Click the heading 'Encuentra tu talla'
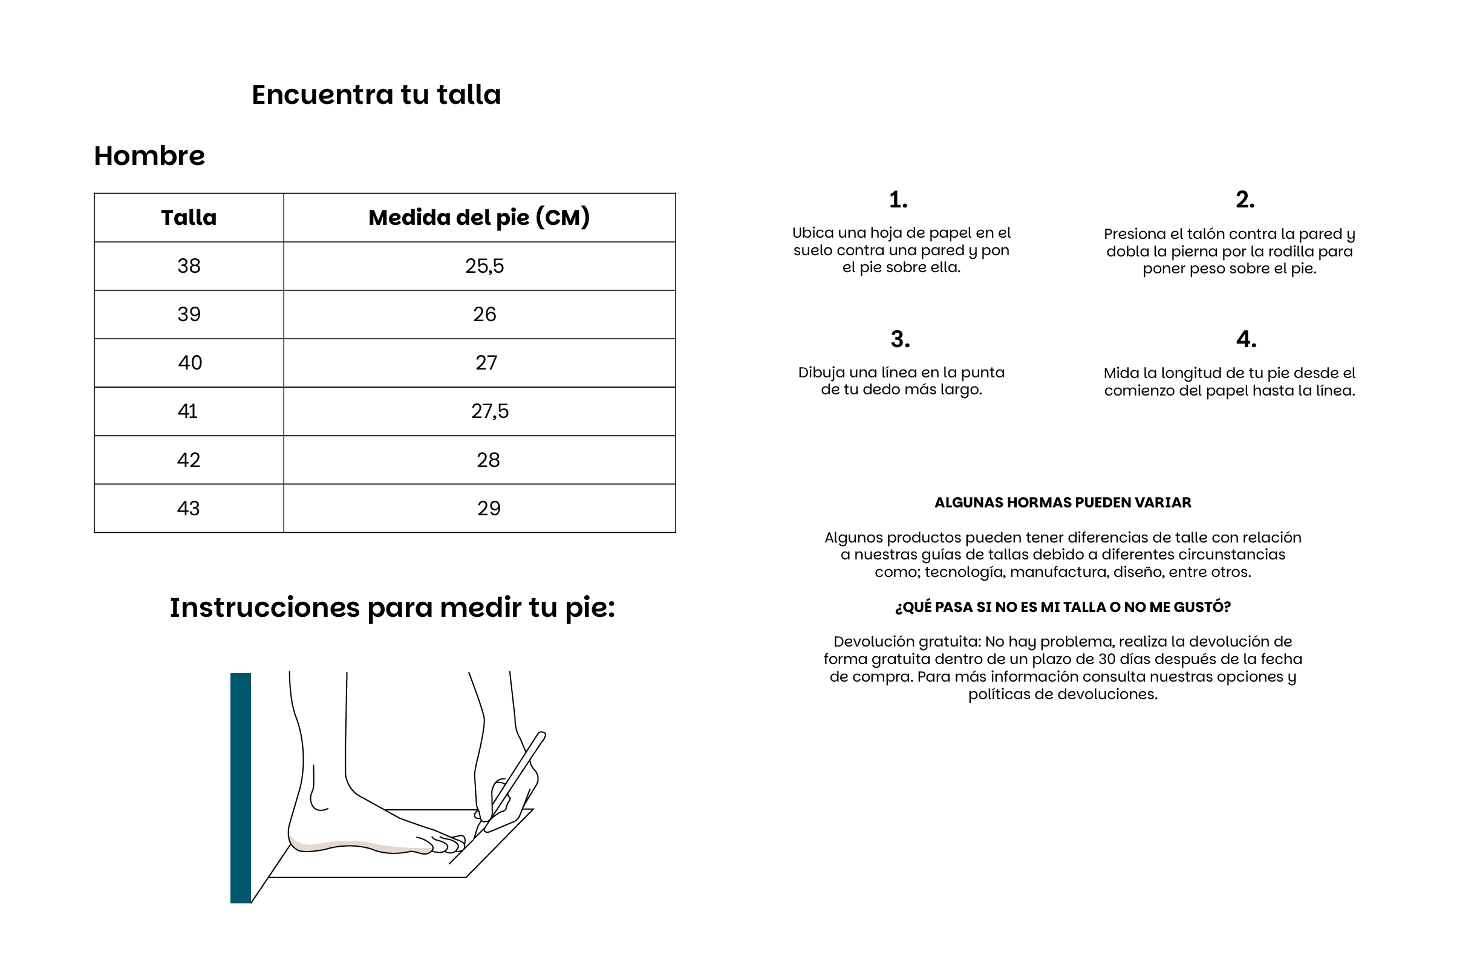click(x=376, y=95)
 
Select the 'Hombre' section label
click(x=149, y=156)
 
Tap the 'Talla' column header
click(x=189, y=218)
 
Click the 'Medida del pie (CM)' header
click(x=478, y=218)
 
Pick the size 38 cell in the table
click(x=189, y=266)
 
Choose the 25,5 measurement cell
click(x=484, y=266)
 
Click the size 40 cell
click(x=190, y=363)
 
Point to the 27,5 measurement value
click(x=489, y=411)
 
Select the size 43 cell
click(x=189, y=509)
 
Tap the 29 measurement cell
click(x=489, y=509)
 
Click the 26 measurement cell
click(x=484, y=314)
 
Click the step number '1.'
click(x=898, y=200)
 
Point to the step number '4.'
click(x=1245, y=339)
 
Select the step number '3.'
click(x=900, y=339)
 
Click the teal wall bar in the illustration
click(x=240, y=788)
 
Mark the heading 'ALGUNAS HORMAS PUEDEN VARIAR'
click(x=1063, y=503)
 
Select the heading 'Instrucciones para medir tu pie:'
click(x=392, y=607)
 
